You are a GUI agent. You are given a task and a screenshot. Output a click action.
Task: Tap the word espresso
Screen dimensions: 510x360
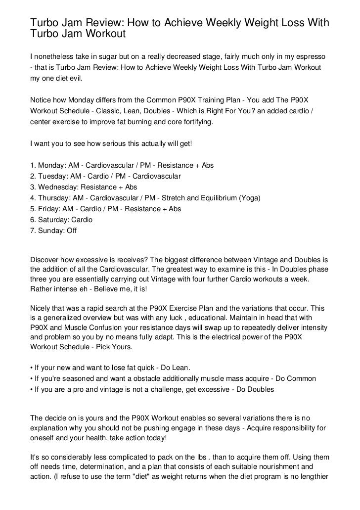pyautogui.click(x=312, y=58)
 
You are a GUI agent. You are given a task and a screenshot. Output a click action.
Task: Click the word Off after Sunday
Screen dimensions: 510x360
pyautogui.click(x=71, y=231)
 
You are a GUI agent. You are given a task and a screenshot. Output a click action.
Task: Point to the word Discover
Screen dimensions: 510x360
pyautogui.click(x=46, y=260)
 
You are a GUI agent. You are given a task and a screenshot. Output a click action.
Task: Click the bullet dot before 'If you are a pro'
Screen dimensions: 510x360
pyautogui.click(x=32, y=389)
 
